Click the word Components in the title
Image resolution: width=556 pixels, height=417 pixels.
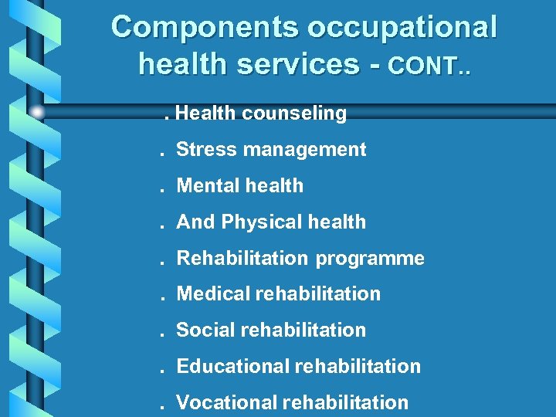[x=205, y=28]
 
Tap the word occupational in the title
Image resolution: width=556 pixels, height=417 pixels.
[x=402, y=28]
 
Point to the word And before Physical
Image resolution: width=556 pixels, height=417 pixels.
[x=196, y=222]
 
